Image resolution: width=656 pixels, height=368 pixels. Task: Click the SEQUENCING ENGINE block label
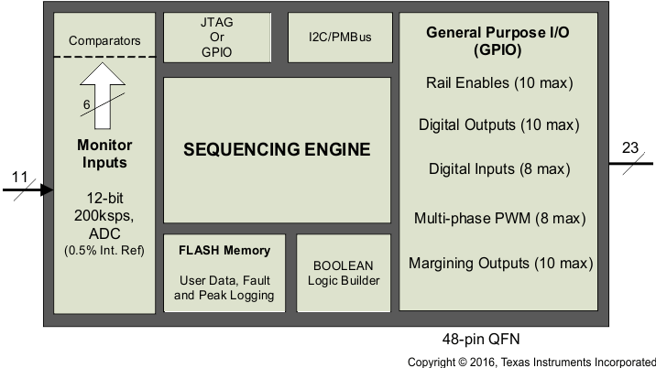(277, 149)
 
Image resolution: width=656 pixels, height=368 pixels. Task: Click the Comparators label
(104, 40)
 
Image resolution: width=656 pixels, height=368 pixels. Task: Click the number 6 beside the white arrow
(86, 105)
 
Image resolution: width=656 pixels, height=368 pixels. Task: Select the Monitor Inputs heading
(104, 154)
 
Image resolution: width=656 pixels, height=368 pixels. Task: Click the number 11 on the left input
(20, 176)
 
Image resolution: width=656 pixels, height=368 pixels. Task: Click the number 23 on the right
(630, 149)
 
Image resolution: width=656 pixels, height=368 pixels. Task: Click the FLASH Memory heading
(224, 250)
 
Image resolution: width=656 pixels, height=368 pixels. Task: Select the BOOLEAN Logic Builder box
(344, 273)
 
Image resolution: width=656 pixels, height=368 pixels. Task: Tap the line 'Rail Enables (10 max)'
(499, 82)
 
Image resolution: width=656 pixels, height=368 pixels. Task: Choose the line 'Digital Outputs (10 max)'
(499, 124)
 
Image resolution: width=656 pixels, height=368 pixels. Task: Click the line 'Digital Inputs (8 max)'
(499, 168)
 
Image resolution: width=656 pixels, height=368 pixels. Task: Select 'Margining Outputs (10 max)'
(499, 264)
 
